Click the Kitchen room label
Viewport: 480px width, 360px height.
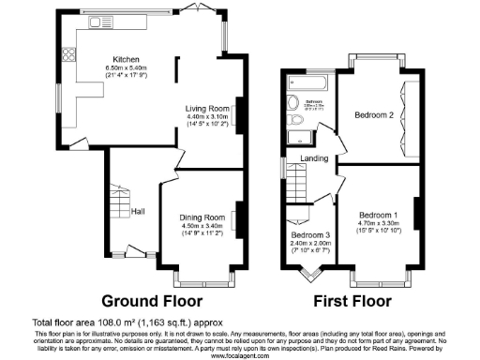tap(126, 56)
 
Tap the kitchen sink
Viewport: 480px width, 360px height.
tap(97, 22)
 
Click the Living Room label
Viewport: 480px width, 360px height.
tap(205, 107)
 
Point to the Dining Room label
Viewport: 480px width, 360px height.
tap(202, 217)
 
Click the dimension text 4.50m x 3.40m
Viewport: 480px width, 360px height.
tap(202, 225)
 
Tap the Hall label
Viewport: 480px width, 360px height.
tap(138, 211)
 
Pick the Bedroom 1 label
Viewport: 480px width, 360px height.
tap(378, 214)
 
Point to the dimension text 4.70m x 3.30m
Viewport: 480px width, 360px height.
tap(378, 222)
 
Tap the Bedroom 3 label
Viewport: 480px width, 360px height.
tap(309, 234)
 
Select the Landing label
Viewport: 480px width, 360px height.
tap(314, 158)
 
